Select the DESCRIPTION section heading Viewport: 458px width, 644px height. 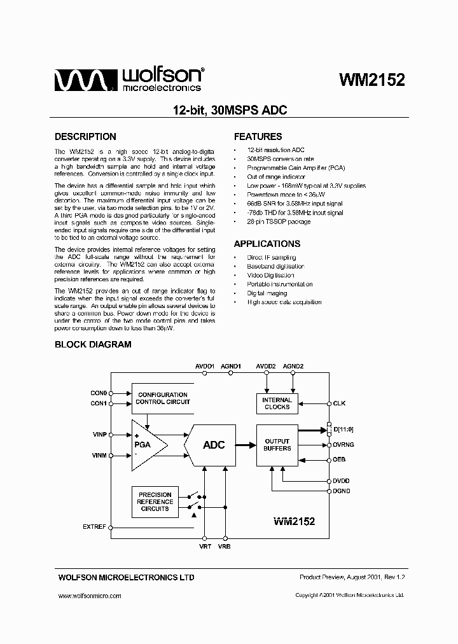(x=85, y=136)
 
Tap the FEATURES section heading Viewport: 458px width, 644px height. (x=258, y=136)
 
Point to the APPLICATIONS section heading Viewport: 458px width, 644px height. (x=267, y=244)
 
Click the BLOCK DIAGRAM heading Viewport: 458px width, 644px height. (x=93, y=344)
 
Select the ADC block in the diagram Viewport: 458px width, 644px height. (x=214, y=445)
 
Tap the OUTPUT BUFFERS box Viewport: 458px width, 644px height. (x=277, y=445)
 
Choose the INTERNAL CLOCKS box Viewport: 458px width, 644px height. (x=277, y=403)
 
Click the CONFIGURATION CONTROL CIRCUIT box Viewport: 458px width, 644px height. (x=163, y=398)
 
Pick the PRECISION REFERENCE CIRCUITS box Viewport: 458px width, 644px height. (x=155, y=501)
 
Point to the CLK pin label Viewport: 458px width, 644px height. (x=339, y=403)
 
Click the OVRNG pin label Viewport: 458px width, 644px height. (x=343, y=445)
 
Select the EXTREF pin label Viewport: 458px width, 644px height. (x=95, y=527)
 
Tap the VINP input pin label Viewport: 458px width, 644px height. (x=100, y=435)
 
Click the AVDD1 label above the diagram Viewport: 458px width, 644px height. (x=205, y=367)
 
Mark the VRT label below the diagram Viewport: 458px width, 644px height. (x=205, y=546)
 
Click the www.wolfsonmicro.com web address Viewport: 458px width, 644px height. (x=89, y=596)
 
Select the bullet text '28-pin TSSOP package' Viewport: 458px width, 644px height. (x=279, y=221)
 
